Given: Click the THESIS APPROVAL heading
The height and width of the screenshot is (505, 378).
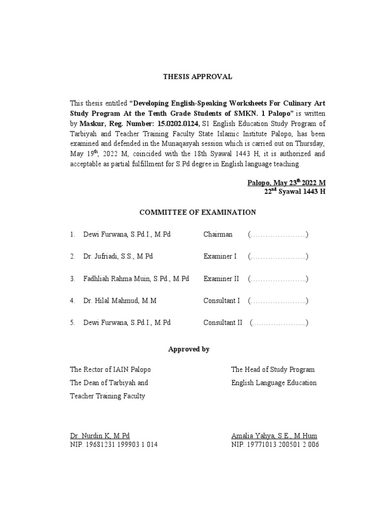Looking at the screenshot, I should [197, 76].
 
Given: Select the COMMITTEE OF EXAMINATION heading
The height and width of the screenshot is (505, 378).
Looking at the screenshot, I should [198, 213].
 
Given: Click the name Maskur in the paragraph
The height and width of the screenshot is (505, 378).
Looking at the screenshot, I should [91, 124].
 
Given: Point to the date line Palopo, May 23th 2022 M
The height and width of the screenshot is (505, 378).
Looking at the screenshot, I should [286, 183].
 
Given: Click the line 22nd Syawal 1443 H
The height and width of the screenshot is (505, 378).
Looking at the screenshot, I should [295, 192].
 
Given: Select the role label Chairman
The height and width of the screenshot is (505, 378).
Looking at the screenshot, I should [218, 234].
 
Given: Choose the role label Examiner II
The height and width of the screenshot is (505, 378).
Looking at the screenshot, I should [221, 279].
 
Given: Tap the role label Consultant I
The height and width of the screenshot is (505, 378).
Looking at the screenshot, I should [221, 301].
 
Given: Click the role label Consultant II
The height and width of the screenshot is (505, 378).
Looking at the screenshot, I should [223, 323].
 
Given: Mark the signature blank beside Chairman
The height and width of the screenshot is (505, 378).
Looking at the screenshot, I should [278, 234].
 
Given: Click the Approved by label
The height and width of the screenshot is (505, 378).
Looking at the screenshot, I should [189, 349].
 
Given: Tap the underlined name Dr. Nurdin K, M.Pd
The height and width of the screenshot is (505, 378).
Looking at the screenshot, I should [100, 436].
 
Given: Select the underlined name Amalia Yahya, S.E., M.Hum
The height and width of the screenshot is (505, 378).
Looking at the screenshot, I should [274, 436].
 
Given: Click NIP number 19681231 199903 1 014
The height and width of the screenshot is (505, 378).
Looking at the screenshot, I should [114, 444].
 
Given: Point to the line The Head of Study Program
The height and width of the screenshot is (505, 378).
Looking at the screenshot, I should [273, 369].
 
